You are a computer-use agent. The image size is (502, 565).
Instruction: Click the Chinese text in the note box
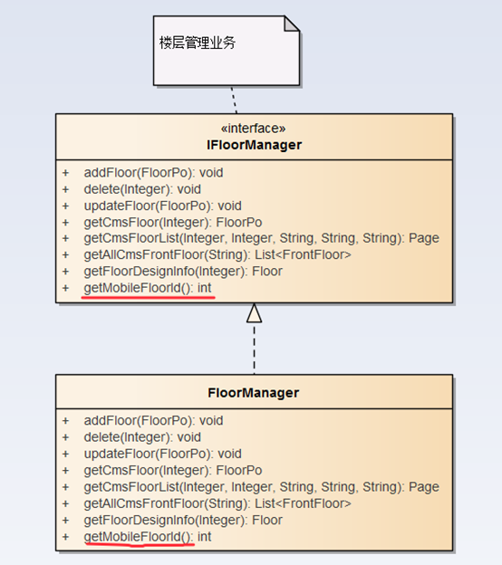198,43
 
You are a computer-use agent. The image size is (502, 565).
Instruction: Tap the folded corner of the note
292,24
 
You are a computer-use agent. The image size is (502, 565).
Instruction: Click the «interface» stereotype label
253,129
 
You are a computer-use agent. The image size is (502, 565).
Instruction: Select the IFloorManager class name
255,145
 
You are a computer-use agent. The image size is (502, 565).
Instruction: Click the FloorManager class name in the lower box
254,393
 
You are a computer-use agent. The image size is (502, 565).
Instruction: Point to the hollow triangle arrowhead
255,312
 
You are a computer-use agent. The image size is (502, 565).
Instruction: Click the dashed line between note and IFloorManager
234,100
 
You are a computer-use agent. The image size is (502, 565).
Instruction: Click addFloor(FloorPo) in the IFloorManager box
138,173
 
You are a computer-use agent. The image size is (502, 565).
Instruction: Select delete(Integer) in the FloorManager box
127,437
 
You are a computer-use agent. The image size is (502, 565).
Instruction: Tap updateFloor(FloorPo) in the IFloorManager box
147,206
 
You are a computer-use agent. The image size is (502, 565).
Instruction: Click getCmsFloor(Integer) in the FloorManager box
146,471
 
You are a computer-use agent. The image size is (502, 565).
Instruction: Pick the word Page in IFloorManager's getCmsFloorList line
424,238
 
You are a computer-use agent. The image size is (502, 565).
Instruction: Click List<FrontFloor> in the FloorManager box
303,503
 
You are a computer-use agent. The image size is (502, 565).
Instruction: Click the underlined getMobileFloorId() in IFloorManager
137,288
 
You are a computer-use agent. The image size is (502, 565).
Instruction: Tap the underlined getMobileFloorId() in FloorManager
137,537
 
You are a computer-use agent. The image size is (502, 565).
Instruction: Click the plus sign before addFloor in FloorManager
65,421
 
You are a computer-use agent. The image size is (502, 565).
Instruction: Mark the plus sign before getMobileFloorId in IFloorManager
65,288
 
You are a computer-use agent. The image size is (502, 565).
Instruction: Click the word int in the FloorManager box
204,537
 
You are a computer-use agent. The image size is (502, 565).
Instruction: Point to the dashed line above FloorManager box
255,349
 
